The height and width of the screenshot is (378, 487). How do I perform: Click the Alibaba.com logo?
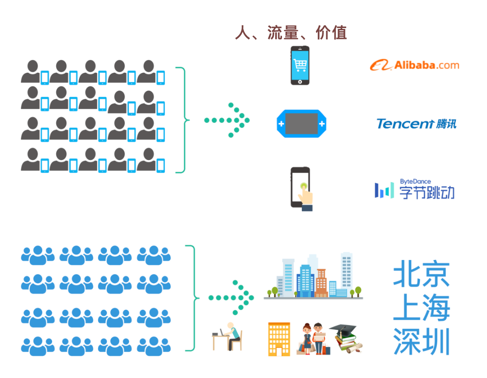pyautogui.click(x=415, y=65)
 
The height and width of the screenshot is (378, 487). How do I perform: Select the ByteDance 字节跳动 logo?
pyautogui.click(x=415, y=190)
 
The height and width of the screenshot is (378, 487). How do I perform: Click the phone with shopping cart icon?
pyautogui.click(x=300, y=66)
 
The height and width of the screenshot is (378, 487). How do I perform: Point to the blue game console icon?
pyautogui.click(x=301, y=123)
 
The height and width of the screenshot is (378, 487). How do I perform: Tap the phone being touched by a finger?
pyautogui.click(x=301, y=188)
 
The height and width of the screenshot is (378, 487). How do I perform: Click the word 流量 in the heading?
pyautogui.click(x=283, y=33)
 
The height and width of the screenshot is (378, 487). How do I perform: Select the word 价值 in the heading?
pyautogui.click(x=331, y=33)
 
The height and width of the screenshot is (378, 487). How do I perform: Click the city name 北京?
pyautogui.click(x=421, y=275)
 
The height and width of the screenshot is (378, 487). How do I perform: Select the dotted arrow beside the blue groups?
pyautogui.click(x=231, y=298)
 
